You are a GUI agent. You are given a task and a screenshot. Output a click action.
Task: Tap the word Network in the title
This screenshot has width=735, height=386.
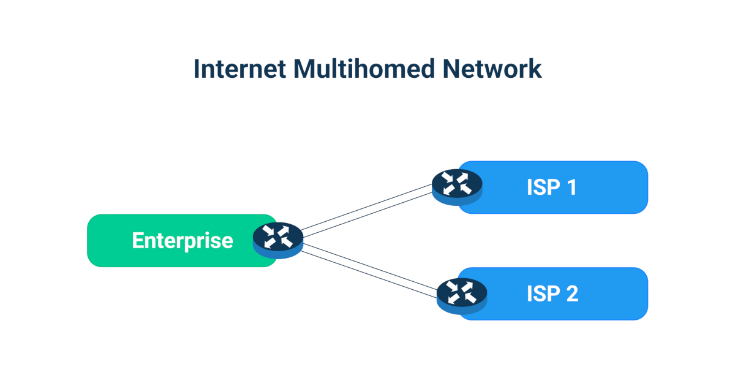coord(492,69)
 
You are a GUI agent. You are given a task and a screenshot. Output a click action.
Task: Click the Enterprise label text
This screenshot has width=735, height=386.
coord(183,240)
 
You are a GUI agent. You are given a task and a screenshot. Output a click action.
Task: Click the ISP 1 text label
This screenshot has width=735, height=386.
coord(551,187)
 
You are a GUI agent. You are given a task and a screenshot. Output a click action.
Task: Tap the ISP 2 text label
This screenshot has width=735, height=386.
coord(551,293)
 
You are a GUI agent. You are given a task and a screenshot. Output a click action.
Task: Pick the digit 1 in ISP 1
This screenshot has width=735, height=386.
coord(571,187)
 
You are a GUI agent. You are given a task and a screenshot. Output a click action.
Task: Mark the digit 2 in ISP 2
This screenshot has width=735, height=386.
coord(571,293)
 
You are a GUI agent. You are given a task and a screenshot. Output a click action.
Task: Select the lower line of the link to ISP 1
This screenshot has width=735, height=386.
coord(367,215)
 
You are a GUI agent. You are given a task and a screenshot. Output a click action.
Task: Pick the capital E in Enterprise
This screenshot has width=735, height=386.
coord(138,240)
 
